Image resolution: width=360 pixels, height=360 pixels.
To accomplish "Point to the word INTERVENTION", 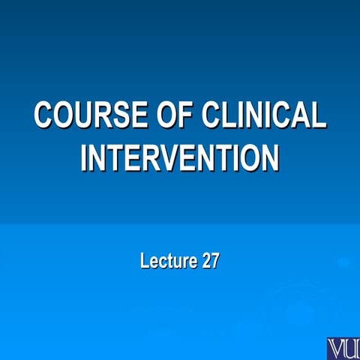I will [180, 157].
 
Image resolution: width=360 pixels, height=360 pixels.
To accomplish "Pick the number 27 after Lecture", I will [210, 262].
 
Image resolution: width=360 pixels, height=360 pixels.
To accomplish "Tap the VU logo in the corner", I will [343, 348].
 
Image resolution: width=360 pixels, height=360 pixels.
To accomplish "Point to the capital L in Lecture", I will [144, 262].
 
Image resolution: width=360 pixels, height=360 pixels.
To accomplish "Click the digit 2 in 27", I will [205, 262].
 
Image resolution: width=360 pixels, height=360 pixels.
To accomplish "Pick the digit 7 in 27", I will [214, 262].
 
